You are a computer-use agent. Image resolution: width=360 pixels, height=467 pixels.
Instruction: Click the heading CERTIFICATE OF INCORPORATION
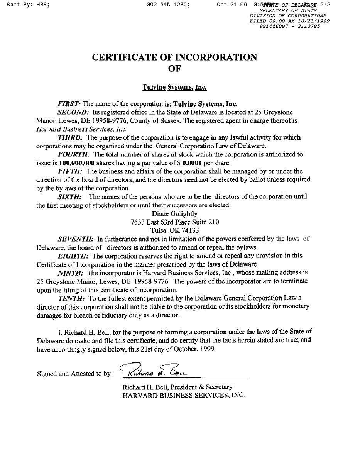pyautogui.click(x=174, y=58)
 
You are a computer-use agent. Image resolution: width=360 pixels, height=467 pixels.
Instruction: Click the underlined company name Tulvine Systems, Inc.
pyautogui.click(x=174, y=87)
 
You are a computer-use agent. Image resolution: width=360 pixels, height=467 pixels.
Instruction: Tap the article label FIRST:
pyautogui.click(x=69, y=104)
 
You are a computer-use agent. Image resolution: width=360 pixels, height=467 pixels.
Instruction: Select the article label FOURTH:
pyautogui.click(x=73, y=154)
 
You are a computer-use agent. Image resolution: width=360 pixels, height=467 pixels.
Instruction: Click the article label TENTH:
pyautogui.click(x=72, y=298)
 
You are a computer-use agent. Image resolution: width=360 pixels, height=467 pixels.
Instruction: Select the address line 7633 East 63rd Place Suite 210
pyautogui.click(x=175, y=222)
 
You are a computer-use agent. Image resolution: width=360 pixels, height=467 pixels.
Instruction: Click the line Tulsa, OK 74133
pyautogui.click(x=174, y=231)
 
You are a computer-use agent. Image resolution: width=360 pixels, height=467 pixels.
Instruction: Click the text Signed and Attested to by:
pyautogui.click(x=75, y=374)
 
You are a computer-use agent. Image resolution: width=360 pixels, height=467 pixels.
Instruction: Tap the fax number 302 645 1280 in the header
pyautogui.click(x=168, y=5)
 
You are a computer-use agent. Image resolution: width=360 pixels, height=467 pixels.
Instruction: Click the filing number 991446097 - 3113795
pyautogui.click(x=290, y=27)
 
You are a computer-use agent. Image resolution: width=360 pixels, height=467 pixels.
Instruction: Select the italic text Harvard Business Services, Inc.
pyautogui.click(x=81, y=129)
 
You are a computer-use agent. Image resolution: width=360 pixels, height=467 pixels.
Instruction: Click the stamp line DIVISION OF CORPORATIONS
pyautogui.click(x=288, y=16)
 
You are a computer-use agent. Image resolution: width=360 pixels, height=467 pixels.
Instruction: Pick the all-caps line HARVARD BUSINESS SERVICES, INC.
pyautogui.click(x=184, y=395)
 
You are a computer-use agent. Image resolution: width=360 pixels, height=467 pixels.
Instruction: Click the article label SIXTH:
pyautogui.click(x=69, y=197)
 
